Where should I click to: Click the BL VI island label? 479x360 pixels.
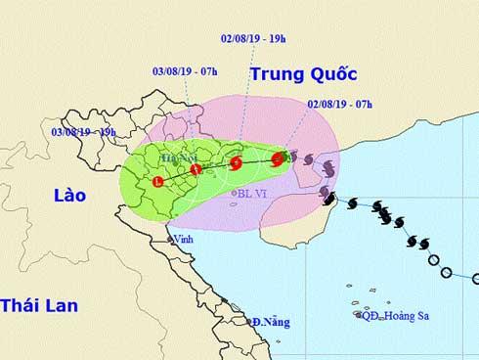[252, 194]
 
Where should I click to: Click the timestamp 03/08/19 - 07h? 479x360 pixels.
[186, 71]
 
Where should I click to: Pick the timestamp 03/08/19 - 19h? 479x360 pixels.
[84, 130]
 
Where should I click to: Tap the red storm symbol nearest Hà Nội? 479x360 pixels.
[196, 170]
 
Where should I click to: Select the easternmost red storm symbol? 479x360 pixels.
[278, 157]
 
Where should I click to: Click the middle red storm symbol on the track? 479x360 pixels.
[236, 163]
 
